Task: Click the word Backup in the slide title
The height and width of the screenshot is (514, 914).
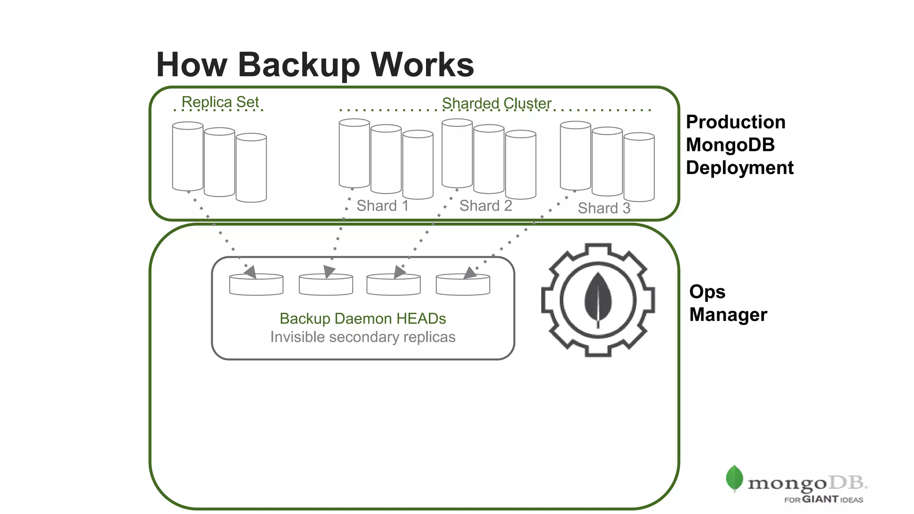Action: point(299,65)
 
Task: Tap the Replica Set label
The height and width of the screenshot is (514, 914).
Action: point(220,102)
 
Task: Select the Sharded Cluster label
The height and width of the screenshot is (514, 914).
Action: point(496,104)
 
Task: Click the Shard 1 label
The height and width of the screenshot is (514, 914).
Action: point(382,206)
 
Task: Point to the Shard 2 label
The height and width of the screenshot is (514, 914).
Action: point(486,206)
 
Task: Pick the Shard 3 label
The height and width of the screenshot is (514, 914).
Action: point(604,208)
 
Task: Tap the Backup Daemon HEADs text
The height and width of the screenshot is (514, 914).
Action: point(362,319)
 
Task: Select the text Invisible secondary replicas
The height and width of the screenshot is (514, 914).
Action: point(362,337)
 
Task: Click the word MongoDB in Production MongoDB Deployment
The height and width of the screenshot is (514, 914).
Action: point(730,145)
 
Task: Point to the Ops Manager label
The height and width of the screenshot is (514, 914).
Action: point(727,303)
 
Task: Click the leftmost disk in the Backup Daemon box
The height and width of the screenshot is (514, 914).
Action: point(256,286)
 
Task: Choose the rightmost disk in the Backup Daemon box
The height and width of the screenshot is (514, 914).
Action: point(463,286)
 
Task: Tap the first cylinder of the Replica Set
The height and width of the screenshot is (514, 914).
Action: point(187,156)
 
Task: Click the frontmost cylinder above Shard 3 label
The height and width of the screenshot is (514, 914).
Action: point(639,167)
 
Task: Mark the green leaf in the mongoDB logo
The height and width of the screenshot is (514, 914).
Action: point(734,478)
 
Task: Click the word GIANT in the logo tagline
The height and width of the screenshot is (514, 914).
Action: point(820,499)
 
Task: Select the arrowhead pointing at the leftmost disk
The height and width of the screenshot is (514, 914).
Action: point(250,271)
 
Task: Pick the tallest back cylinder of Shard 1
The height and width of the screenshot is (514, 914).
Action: point(354,153)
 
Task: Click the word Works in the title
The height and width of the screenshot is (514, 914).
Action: point(422,65)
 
